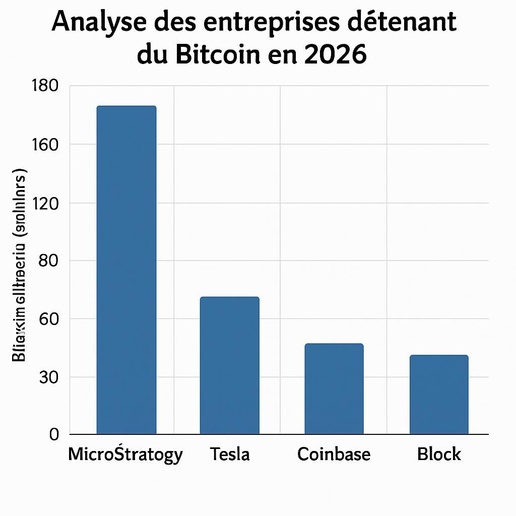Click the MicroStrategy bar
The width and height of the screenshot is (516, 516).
pos(126,270)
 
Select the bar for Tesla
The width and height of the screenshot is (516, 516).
pos(229,365)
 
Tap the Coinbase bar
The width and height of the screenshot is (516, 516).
pos(334,389)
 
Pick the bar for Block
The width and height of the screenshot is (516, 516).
pos(439,395)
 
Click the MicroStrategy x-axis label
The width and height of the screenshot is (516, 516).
pos(125,455)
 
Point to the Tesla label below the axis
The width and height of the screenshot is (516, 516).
pos(230,455)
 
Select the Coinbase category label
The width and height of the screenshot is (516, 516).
pos(334,455)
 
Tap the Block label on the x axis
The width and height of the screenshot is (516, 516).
pos(439,455)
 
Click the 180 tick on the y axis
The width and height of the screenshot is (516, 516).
pos(45,86)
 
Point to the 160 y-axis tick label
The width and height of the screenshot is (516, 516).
pos(45,145)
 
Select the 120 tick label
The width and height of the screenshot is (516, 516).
pos(45,203)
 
